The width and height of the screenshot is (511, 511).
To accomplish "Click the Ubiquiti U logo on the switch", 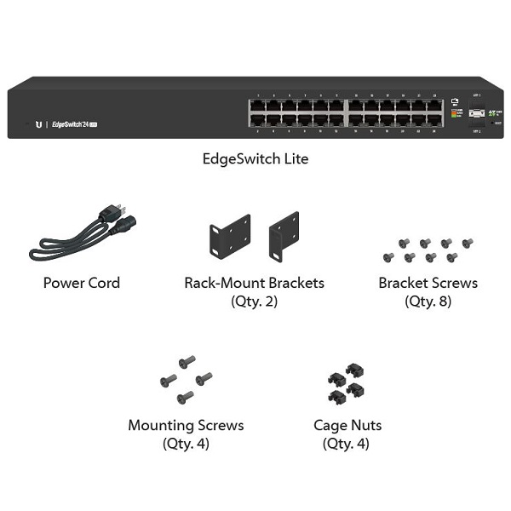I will click(38, 123).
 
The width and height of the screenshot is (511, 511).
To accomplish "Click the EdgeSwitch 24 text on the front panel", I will click(75, 123).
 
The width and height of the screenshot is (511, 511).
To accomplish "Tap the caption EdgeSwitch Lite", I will click(255, 158).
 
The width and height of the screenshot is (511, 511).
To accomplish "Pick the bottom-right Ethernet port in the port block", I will click(435, 122).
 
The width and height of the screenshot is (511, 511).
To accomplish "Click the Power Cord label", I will click(82, 283).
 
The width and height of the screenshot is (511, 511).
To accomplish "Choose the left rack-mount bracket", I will click(230, 238).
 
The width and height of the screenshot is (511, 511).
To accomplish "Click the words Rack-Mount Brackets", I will click(255, 283).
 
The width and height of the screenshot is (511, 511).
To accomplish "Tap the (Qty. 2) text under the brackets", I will click(255, 301).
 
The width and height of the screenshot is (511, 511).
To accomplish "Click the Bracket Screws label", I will click(428, 283).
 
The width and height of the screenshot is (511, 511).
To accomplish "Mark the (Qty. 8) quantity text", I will click(428, 301).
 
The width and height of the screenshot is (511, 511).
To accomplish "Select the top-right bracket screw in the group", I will click(467, 244).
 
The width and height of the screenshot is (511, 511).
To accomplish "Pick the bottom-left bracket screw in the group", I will click(389, 257).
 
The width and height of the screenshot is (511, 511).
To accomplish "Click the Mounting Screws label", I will click(186, 425).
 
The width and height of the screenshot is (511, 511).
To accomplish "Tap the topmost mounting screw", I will click(188, 361).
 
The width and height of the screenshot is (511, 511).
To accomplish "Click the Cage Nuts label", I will click(347, 425).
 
